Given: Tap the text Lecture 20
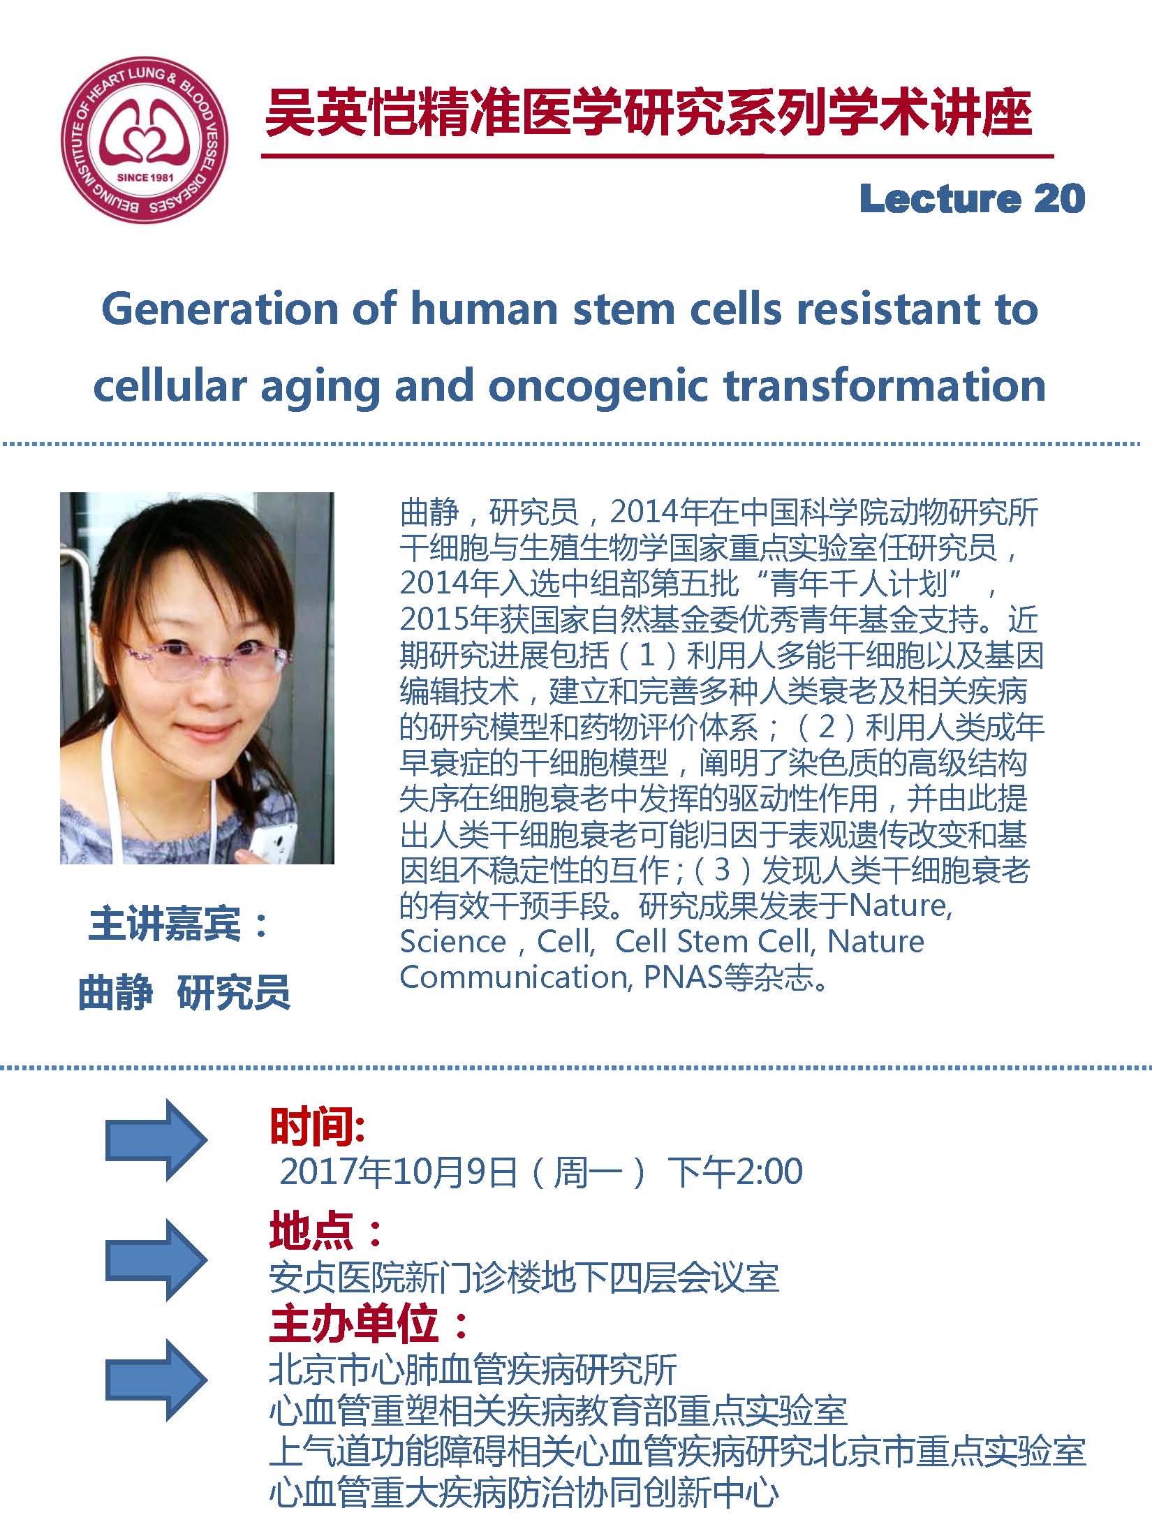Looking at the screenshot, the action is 972,198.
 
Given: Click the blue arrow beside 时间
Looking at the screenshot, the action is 156,1139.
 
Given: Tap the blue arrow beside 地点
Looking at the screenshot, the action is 156,1260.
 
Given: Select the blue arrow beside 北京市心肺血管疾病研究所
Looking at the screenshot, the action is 156,1380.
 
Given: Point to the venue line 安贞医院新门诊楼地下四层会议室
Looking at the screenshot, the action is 524,1278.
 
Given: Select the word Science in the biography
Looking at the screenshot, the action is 452,942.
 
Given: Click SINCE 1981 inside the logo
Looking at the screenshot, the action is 145,177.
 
